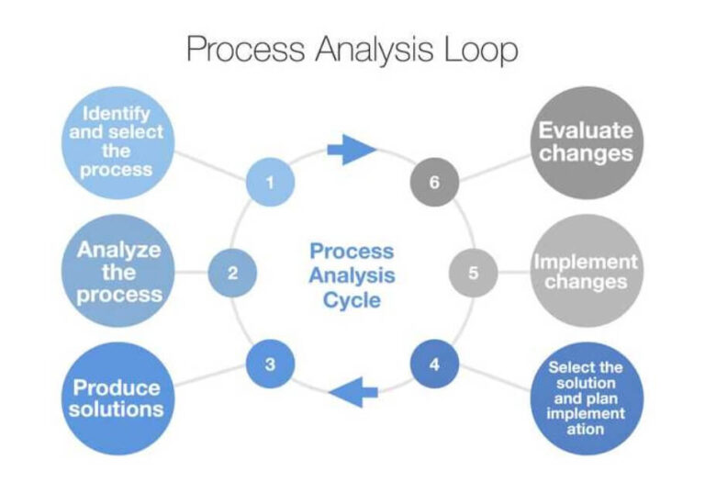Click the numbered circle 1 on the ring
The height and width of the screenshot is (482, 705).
click(x=270, y=182)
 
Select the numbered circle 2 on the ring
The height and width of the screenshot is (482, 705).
click(x=232, y=273)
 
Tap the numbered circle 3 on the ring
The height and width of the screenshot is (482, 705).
click(x=270, y=364)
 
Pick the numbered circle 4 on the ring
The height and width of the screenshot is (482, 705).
click(x=434, y=364)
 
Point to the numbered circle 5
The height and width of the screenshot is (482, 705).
click(x=473, y=273)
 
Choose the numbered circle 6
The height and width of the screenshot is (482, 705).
click(x=434, y=182)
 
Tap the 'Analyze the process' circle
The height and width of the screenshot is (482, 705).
click(x=118, y=272)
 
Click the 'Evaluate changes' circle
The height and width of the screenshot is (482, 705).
click(x=586, y=142)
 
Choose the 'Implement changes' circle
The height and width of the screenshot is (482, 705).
click(x=586, y=272)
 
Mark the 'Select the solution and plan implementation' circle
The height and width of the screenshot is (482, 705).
click(x=586, y=398)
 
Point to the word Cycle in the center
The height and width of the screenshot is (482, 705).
click(x=352, y=299)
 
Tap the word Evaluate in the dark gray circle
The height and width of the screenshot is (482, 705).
click(x=586, y=129)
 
